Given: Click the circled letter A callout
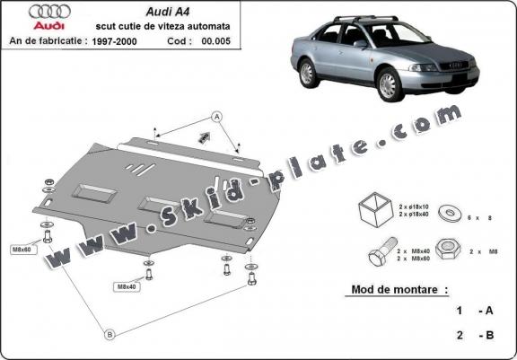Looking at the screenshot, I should tap(216, 116).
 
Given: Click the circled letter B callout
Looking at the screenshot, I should tap(109, 334).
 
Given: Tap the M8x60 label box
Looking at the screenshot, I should tap(22, 250).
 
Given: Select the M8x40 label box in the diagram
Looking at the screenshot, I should tap(126, 286).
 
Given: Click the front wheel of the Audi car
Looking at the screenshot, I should tap(390, 86).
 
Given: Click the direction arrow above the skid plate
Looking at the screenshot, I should tap(204, 136).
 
